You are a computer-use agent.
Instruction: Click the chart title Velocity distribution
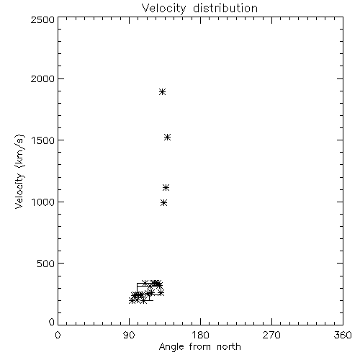pos(199,8)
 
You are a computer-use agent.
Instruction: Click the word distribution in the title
pos(225,8)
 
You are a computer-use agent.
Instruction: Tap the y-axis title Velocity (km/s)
pos(19,171)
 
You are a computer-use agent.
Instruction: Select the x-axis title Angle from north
pos(199,347)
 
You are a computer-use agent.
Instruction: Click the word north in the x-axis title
pos(229,346)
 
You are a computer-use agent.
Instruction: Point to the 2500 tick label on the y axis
pos(42,19)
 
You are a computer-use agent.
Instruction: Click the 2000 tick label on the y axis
pos(42,78)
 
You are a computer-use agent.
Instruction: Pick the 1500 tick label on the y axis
pos(42,140)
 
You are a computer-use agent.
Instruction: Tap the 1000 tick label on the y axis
pos(42,202)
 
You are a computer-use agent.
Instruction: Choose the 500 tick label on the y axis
pos(46,264)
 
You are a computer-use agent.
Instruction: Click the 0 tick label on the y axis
pos(52,322)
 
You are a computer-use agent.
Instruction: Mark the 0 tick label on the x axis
pos(58,335)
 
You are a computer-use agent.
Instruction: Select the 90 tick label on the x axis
pos(129,335)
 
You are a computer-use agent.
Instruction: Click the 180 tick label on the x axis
pos(200,335)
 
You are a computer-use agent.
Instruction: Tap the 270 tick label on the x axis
pos(271,335)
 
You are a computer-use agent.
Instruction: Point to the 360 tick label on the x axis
pos(343,335)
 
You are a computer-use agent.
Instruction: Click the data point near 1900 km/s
pos(163,91)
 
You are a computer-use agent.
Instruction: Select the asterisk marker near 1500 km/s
pos(167,138)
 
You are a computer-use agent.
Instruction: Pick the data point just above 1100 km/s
pos(166,187)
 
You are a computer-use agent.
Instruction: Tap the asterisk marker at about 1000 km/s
pos(163,203)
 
